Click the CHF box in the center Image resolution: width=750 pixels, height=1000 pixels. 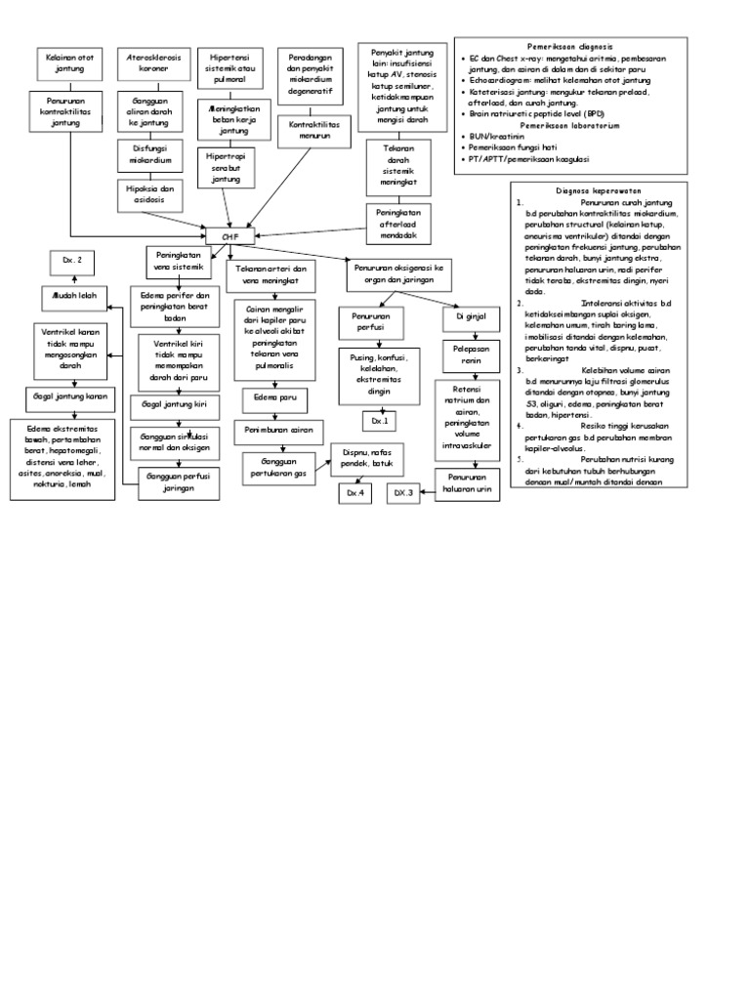pos(229,234)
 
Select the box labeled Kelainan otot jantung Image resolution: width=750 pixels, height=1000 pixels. pos(64,63)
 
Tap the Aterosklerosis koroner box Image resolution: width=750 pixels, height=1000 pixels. pos(149,63)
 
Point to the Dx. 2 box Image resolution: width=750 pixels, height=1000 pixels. pos(72,261)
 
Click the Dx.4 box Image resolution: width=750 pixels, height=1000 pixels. pos(354,494)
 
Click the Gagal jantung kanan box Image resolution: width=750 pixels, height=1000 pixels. pos(66,398)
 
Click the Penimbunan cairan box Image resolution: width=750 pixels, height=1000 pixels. pos(278,431)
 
